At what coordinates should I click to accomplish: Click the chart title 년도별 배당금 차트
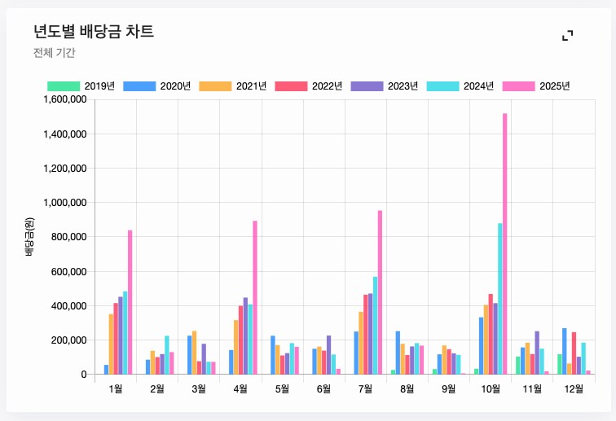click(x=94, y=32)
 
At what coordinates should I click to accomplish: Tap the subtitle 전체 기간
click(x=55, y=53)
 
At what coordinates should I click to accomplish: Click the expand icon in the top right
click(x=568, y=35)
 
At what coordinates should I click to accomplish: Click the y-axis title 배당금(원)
click(x=29, y=237)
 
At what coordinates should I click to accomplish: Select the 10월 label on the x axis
click(x=491, y=389)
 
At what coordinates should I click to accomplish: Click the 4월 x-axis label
click(x=240, y=389)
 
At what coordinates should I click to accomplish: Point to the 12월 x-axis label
click(x=574, y=389)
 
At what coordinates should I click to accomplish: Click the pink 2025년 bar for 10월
click(x=505, y=244)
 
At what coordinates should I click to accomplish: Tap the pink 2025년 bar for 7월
click(x=380, y=292)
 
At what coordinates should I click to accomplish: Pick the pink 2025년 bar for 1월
click(x=130, y=302)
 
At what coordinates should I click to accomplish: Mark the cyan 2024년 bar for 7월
click(x=375, y=326)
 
